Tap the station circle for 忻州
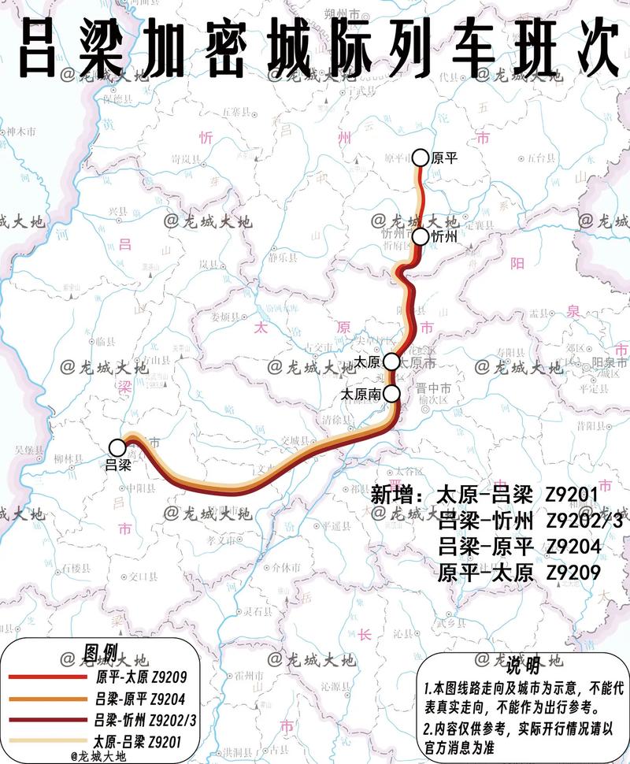(420, 236)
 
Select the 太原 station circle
(391, 362)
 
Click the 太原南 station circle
(391, 393)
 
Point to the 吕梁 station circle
(117, 447)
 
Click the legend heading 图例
(100, 653)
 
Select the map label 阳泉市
(607, 362)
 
